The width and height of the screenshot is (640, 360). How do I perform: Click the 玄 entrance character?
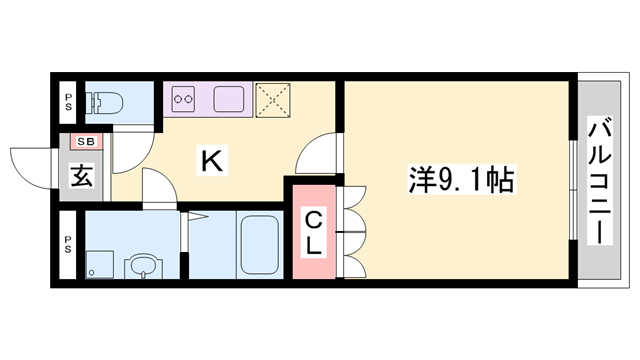[82, 176]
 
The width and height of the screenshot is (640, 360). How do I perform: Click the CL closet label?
[313, 232]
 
